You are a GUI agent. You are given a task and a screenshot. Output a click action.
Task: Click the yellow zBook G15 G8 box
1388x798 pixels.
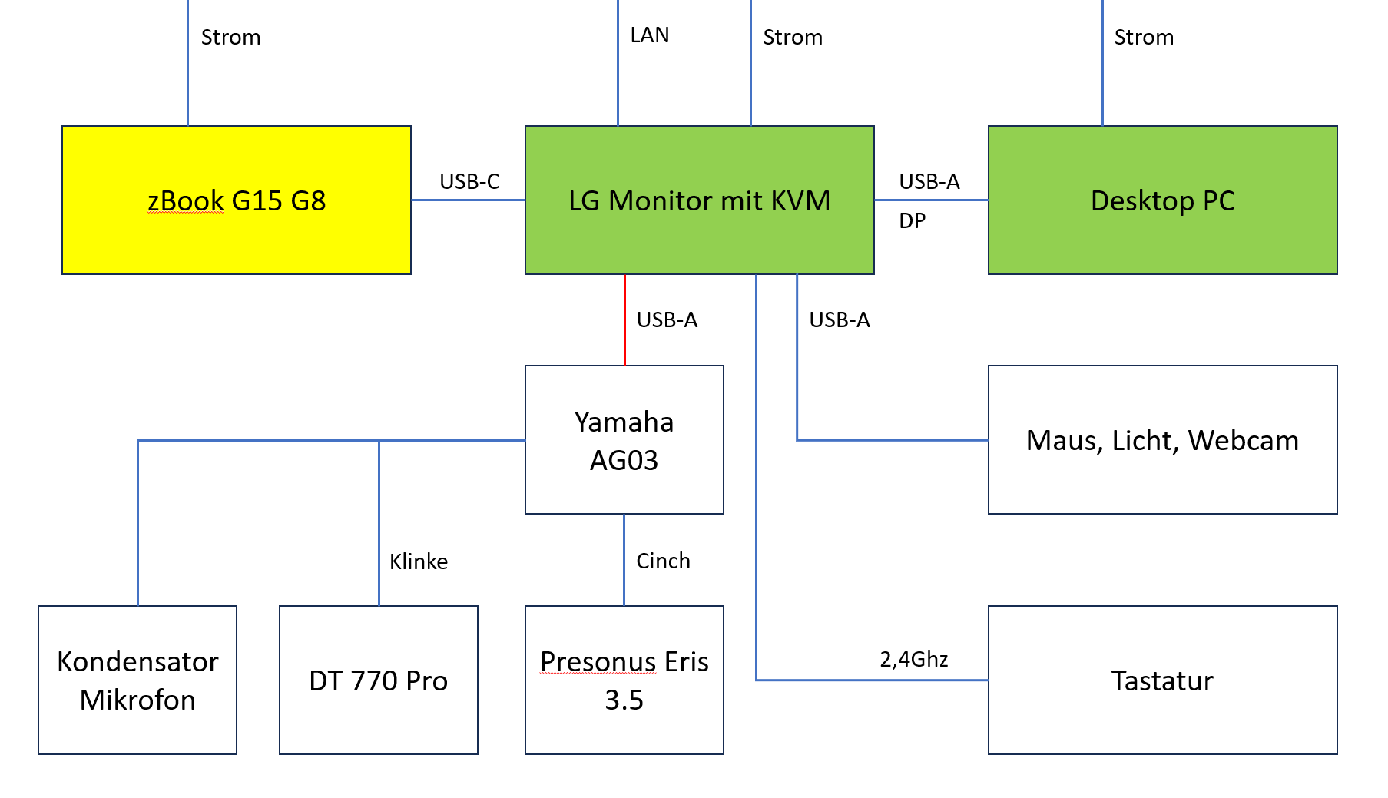(237, 200)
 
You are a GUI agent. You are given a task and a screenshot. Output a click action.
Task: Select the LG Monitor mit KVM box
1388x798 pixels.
(699, 200)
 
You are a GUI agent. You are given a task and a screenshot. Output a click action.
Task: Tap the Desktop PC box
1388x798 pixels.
(1162, 200)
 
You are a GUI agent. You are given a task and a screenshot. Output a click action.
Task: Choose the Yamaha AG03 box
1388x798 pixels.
(624, 440)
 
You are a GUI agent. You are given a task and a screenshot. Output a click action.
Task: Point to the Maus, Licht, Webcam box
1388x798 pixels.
(1162, 440)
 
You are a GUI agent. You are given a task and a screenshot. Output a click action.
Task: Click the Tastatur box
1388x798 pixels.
(1162, 680)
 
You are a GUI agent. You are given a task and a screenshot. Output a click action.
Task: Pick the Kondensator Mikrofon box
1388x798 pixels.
(137, 680)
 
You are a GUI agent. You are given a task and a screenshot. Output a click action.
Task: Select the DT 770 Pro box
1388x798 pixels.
(378, 680)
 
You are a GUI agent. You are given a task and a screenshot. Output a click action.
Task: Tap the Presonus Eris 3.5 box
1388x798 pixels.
(624, 680)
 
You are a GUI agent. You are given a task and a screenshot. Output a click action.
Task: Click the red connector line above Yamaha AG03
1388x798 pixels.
(624, 320)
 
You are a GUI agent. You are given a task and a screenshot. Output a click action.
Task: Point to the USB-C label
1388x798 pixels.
(469, 182)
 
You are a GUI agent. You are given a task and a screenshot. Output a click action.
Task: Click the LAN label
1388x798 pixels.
(650, 35)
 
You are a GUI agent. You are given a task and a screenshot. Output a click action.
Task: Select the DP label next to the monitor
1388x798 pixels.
(913, 221)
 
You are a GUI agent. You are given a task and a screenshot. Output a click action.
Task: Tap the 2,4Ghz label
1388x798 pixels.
(914, 660)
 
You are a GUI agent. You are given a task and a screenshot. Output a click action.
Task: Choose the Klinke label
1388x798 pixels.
(419, 562)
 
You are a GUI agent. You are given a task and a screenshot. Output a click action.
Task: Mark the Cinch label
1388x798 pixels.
(664, 561)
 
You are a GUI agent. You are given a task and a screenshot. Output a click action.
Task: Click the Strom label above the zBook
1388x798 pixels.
(230, 38)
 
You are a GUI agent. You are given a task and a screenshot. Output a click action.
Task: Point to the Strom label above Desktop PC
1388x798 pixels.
(1144, 38)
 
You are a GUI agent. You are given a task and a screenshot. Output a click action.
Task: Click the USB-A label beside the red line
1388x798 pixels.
(667, 320)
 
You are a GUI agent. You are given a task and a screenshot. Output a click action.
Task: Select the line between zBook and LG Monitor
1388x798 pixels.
(468, 200)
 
